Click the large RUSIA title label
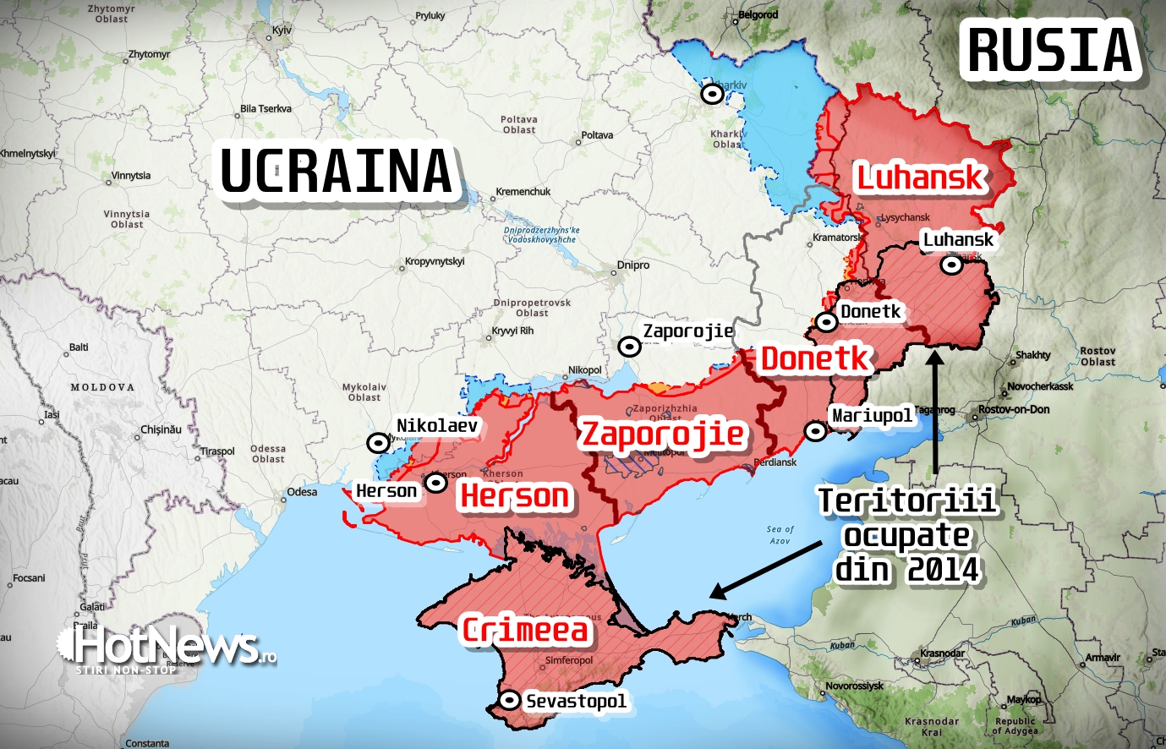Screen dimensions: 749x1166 point(1050,50)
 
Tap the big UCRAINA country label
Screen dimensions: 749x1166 point(337,172)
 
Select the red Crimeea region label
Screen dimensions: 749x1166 point(525,630)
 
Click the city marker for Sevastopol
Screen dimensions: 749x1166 point(510,701)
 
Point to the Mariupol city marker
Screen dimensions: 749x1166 point(815,431)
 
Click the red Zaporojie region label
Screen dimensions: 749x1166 point(662,434)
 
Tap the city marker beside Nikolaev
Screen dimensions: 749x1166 point(378,443)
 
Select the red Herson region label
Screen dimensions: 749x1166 point(514,496)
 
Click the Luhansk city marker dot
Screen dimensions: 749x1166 point(952,265)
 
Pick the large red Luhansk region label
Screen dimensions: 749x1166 point(920,178)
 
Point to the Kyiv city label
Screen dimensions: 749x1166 point(282,30)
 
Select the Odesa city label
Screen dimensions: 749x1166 point(302,492)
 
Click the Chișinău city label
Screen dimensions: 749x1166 point(161,429)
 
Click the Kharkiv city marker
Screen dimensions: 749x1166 point(713,93)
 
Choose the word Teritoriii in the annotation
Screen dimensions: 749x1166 point(907,501)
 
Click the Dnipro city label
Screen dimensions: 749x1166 point(632,265)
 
